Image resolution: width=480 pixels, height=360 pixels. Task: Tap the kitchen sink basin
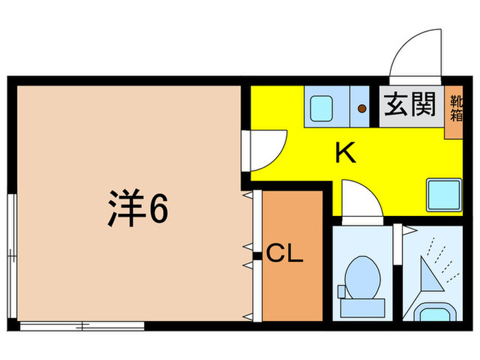point(321,107)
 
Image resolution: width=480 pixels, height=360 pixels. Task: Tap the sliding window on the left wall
point(12,254)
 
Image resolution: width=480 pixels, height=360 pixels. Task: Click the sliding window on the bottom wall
point(82,326)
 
